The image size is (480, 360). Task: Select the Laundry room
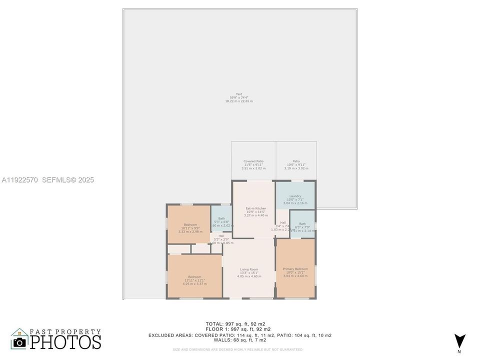[295, 195]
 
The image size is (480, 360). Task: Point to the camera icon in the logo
[19, 341]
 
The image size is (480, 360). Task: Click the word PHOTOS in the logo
[65, 341]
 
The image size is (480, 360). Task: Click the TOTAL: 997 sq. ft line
[239, 323]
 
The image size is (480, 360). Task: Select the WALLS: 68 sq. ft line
[239, 340]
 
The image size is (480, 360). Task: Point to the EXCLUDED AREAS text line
[239, 335]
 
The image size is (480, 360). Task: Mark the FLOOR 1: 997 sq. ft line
[239, 329]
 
